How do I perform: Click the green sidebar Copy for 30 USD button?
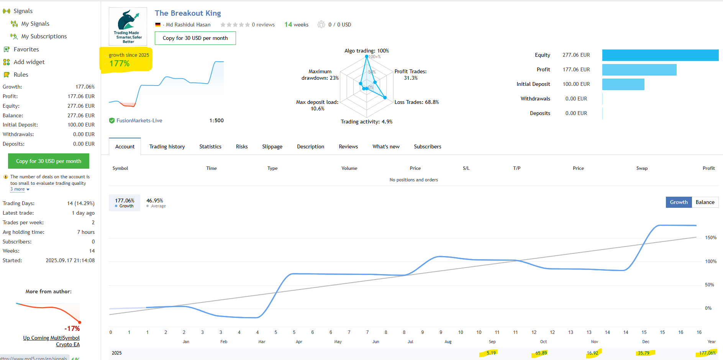coord(49,161)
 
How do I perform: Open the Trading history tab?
coord(167,146)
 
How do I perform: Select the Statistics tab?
coord(210,146)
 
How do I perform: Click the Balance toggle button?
coord(705,202)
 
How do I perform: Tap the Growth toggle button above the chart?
coord(679,202)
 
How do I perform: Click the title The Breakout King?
coord(188,13)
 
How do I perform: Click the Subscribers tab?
coord(428,146)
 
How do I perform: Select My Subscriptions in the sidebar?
coord(44,36)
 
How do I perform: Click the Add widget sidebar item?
coord(29,62)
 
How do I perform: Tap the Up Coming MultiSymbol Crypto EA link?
coord(51,341)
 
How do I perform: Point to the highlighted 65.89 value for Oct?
coord(541,353)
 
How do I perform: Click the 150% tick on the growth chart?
coord(711,238)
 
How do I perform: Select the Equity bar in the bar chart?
coord(660,55)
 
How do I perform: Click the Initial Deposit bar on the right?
coord(623,84)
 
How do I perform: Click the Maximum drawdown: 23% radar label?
coord(320,75)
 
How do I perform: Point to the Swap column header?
coord(642,168)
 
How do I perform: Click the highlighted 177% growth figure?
coord(120,64)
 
